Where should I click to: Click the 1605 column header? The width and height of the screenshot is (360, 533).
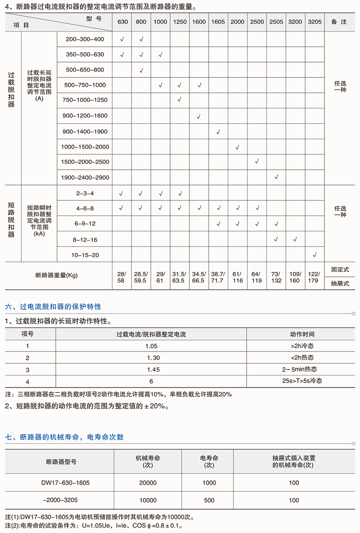pyautogui.click(x=218, y=22)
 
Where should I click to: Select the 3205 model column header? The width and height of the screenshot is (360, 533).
pyautogui.click(x=315, y=22)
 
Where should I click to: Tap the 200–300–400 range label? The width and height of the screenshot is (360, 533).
pyautogui.click(x=85, y=40)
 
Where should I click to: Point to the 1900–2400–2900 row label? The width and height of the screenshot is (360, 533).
pyautogui.click(x=85, y=177)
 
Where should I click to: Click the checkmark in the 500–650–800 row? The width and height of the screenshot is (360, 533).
pyautogui.click(x=141, y=70)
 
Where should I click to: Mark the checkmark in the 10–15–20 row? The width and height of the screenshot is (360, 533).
pyautogui.click(x=315, y=255)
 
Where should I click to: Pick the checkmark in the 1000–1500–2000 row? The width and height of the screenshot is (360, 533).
pyautogui.click(x=237, y=147)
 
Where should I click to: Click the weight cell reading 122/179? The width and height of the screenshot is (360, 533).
pyautogui.click(x=315, y=277)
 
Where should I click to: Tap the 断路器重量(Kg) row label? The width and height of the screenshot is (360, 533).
pyautogui.click(x=56, y=276)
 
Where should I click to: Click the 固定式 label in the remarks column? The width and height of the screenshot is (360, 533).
pyautogui.click(x=340, y=270)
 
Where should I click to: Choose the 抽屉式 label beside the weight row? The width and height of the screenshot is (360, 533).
pyautogui.click(x=340, y=283)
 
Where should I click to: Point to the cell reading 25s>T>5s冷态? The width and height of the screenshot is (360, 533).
pyautogui.click(x=302, y=381)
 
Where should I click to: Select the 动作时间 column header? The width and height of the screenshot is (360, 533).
pyautogui.click(x=302, y=334)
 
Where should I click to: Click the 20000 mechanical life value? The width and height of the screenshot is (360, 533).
pyautogui.click(x=148, y=483)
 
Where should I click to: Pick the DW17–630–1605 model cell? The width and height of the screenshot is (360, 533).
pyautogui.click(x=65, y=483)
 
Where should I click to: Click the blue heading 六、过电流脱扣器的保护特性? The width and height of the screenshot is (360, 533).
pyautogui.click(x=53, y=307)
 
